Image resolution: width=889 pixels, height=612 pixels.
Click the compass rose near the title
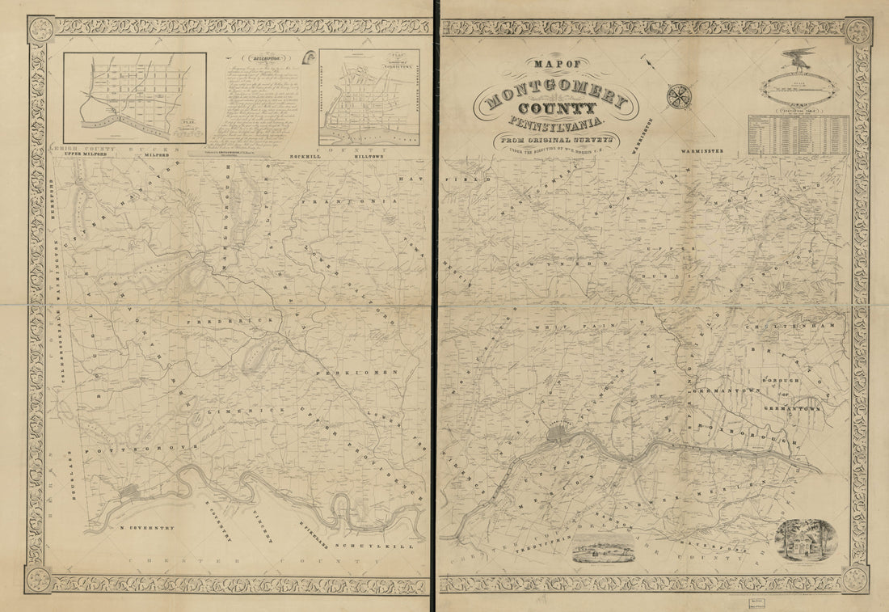click(x=679, y=95)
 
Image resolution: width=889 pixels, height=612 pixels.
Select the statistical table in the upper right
click(x=798, y=134)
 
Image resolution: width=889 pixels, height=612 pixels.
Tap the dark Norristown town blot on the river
click(x=558, y=436)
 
